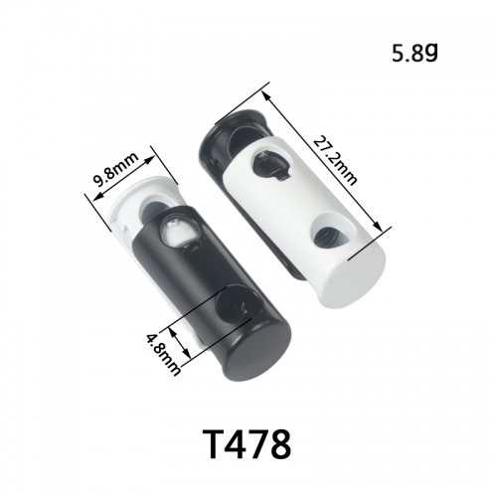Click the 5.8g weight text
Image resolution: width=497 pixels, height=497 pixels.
click(x=414, y=54)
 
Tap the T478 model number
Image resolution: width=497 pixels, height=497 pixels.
click(x=248, y=443)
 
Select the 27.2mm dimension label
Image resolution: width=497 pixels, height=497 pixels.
click(x=335, y=160)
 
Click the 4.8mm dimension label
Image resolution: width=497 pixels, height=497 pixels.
click(x=163, y=354)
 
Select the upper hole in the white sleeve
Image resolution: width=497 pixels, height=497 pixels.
click(x=270, y=165)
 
